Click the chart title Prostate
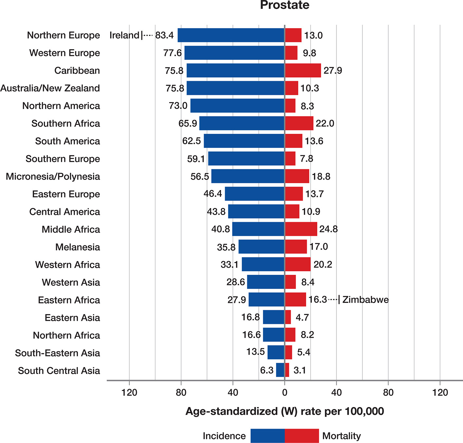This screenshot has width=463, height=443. pyautogui.click(x=285, y=5)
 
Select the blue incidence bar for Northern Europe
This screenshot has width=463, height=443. pyautogui.click(x=231, y=35)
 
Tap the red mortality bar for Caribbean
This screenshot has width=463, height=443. pyautogui.click(x=303, y=70)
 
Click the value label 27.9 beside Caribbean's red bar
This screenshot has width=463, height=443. pyautogui.click(x=333, y=71)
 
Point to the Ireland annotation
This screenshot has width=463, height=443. pyautogui.click(x=124, y=35)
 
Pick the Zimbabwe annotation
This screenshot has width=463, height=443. pyautogui.click(x=365, y=300)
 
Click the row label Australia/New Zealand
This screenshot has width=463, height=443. pyautogui.click(x=50, y=88)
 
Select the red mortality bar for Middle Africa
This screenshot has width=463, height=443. pyautogui.click(x=301, y=229)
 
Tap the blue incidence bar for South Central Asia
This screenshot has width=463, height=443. pyautogui.click(x=280, y=370)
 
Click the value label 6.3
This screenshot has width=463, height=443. pyautogui.click(x=267, y=370)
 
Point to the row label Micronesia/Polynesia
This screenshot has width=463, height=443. pyautogui.click(x=53, y=176)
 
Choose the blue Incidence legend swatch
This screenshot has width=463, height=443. pyautogui.click(x=268, y=436)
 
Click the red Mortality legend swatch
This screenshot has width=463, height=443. pyautogui.click(x=302, y=436)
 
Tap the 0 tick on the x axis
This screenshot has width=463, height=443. pyautogui.click(x=285, y=392)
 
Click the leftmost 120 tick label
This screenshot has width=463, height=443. pyautogui.click(x=129, y=392)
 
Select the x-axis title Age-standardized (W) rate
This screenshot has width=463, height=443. pyautogui.click(x=285, y=411)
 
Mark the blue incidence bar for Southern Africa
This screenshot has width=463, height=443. pyautogui.click(x=242, y=123)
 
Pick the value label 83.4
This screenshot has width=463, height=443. pyautogui.click(x=164, y=35)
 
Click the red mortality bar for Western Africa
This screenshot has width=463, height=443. pyautogui.click(x=298, y=264)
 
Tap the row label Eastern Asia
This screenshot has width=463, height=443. pyautogui.click(x=72, y=318)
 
